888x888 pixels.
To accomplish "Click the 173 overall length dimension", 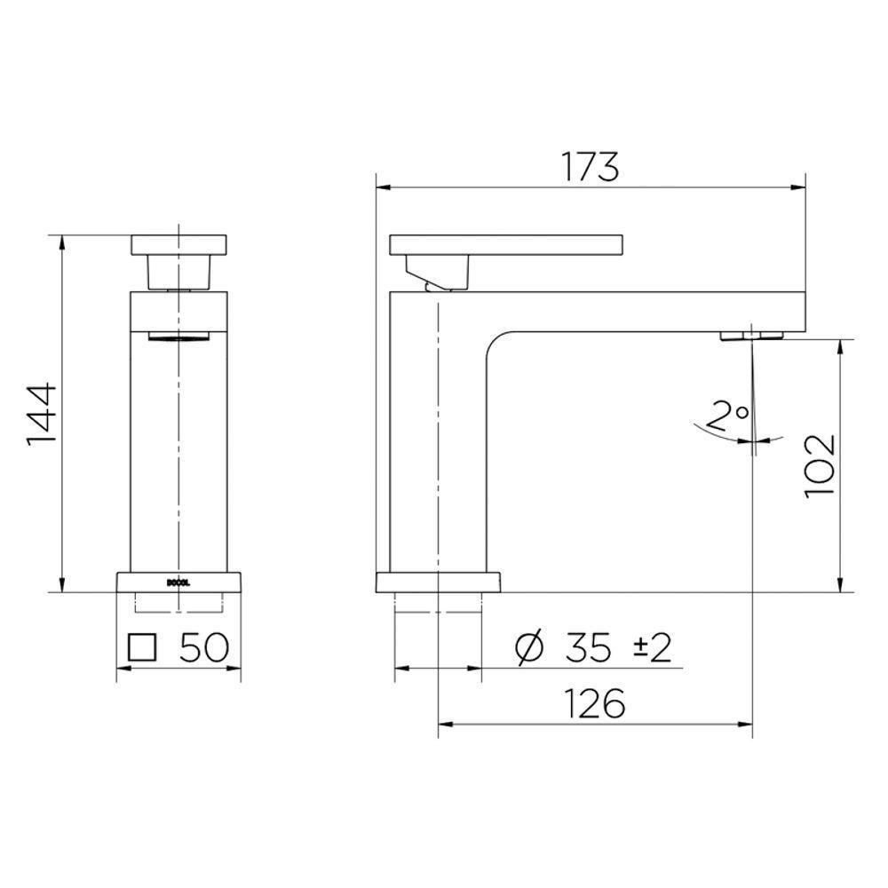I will coord(589,166).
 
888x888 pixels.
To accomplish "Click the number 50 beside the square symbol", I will coord(204,647).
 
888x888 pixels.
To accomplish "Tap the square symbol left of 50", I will coord(142,647).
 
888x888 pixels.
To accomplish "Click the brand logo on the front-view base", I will coord(178,583).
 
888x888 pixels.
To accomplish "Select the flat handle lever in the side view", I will coord(506,243).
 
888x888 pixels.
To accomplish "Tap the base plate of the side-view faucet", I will coord(438,583).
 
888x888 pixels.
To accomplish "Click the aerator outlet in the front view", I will coord(179,336).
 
